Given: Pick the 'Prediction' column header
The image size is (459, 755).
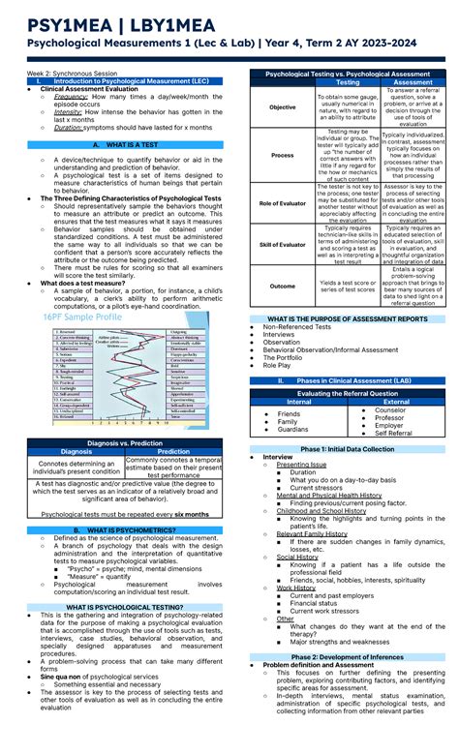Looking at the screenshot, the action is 173,451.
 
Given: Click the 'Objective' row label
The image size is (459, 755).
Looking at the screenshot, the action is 283,107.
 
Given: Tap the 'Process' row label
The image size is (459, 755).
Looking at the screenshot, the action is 283,155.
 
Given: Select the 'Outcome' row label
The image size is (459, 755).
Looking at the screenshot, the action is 283,287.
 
